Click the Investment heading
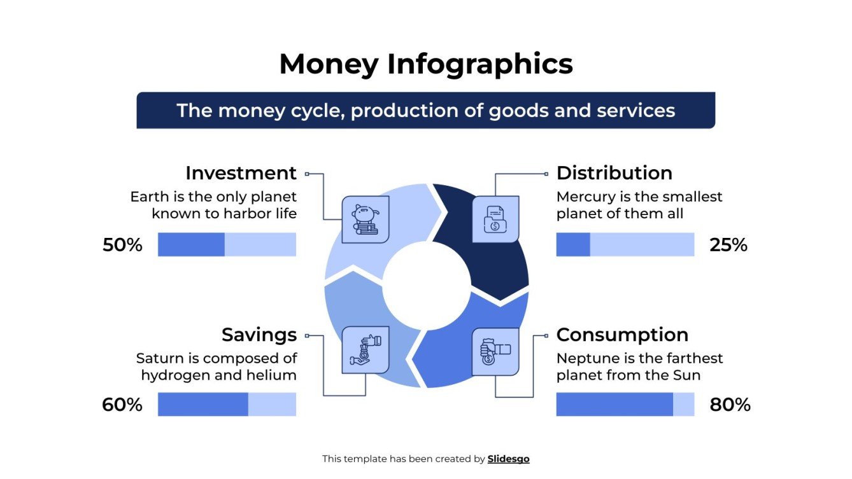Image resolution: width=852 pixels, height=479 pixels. click(x=241, y=173)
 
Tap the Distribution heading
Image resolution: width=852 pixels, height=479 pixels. click(x=614, y=173)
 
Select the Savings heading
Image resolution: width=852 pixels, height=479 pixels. click(x=259, y=335)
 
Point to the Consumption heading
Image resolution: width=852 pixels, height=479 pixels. click(x=622, y=335)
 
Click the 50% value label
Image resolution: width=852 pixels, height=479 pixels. click(x=122, y=245)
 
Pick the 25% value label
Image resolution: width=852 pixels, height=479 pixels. click(x=728, y=245)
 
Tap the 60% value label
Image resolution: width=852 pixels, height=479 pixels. click(x=122, y=405)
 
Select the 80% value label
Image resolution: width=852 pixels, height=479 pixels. click(x=730, y=405)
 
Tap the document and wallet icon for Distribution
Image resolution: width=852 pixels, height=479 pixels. click(x=495, y=219)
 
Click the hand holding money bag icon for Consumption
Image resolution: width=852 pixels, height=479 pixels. click(x=495, y=351)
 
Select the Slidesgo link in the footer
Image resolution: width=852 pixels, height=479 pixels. click(x=508, y=459)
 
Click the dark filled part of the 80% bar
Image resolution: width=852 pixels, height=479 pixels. click(x=614, y=405)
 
